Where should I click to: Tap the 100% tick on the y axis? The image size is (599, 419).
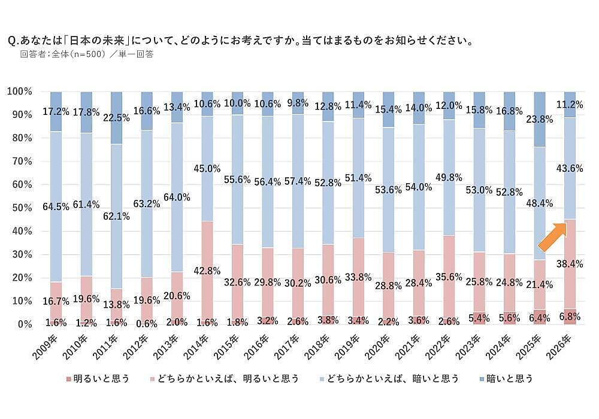click(20, 92)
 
